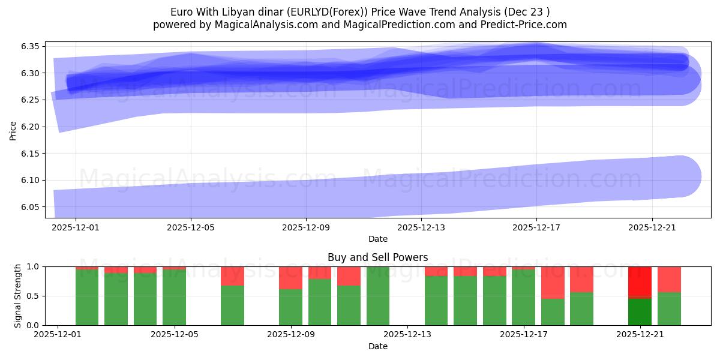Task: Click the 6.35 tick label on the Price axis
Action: click(x=29, y=47)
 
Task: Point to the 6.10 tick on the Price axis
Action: click(x=29, y=181)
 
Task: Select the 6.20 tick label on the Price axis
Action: click(x=29, y=127)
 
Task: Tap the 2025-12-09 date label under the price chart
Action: click(x=306, y=227)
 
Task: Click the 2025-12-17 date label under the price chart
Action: click(x=536, y=227)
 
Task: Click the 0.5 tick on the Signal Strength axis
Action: click(x=34, y=296)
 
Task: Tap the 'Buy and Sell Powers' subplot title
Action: click(x=378, y=257)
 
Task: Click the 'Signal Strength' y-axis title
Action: click(x=18, y=296)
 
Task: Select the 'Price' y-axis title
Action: click(x=13, y=130)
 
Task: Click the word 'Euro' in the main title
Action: click(x=182, y=12)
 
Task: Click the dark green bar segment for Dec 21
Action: click(x=640, y=311)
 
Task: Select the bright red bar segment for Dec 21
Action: click(x=640, y=281)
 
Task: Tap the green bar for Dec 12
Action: click(x=378, y=296)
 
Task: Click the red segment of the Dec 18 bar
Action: click(x=553, y=283)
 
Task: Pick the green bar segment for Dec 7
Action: click(x=232, y=305)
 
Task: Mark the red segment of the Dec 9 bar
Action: click(x=290, y=278)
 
